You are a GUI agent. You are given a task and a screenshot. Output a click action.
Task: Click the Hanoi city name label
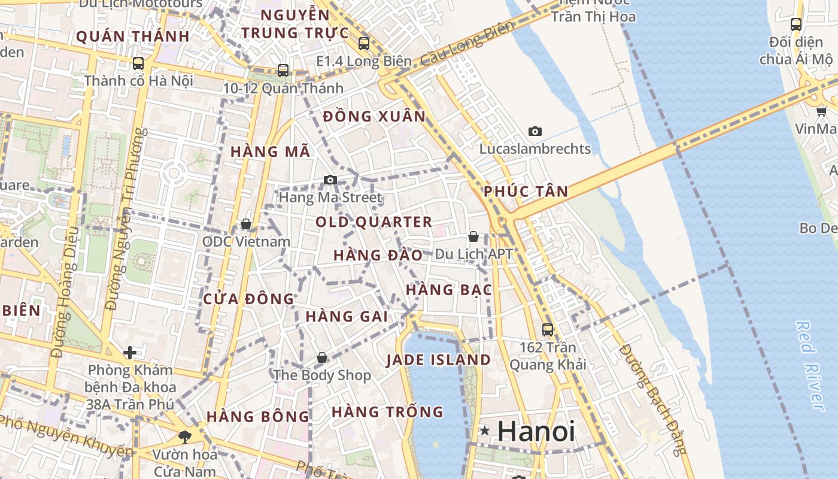click(x=536, y=432)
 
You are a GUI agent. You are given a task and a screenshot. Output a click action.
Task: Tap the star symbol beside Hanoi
click(x=485, y=431)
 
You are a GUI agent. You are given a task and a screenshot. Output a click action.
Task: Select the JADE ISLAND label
click(x=438, y=360)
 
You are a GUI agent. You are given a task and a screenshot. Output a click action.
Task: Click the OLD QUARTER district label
click(x=374, y=222)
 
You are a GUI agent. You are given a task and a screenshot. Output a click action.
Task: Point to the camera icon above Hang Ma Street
click(x=330, y=180)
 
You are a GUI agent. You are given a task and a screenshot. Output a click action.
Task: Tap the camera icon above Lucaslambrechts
click(x=535, y=131)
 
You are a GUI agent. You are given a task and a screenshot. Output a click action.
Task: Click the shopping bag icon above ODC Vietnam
click(x=245, y=224)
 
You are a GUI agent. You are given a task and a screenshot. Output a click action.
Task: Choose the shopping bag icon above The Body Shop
click(x=322, y=357)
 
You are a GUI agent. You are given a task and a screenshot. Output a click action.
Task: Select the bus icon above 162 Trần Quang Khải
click(x=547, y=329)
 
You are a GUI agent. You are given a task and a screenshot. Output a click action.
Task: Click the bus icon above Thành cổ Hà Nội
click(x=138, y=63)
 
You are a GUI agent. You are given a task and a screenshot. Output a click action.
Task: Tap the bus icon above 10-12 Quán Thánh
click(x=283, y=70)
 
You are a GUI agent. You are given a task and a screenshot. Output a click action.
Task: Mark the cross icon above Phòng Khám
click(x=129, y=353)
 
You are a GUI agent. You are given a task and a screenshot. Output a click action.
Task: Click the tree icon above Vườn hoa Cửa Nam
click(x=184, y=436)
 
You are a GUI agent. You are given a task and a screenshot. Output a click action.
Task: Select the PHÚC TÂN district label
click(x=526, y=192)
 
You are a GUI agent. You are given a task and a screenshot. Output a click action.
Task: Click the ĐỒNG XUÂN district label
click(x=374, y=116)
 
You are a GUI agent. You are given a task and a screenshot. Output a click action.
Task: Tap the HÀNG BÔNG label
click(x=258, y=416)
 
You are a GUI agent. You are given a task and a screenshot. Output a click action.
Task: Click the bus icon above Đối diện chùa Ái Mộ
click(x=796, y=25)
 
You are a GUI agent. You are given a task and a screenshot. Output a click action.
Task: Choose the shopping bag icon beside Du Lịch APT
click(x=473, y=237)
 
